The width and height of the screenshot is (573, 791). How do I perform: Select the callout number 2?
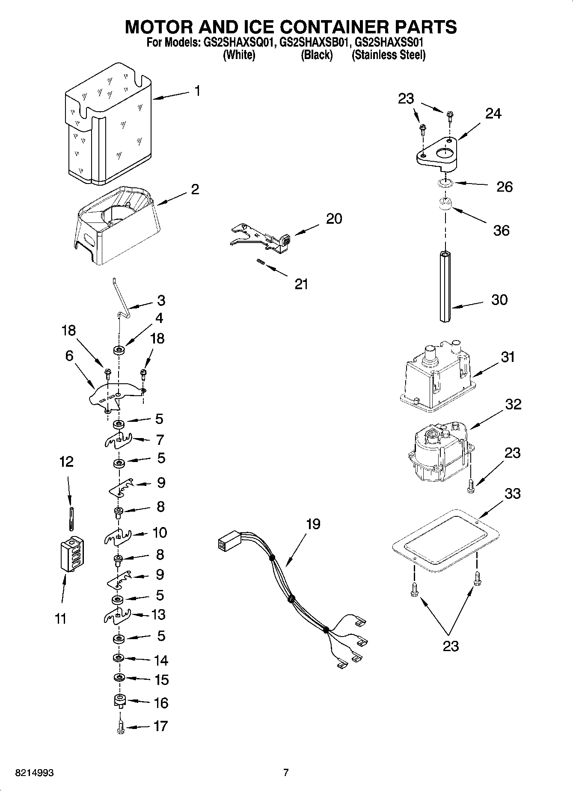[x=195, y=189]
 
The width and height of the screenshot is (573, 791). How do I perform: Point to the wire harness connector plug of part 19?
[x=227, y=545]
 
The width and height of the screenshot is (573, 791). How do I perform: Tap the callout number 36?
[x=501, y=231]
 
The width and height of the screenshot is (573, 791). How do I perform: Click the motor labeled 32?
[x=439, y=453]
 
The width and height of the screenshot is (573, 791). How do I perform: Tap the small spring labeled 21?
[x=260, y=262]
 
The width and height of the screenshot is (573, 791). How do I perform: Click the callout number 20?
[x=334, y=219]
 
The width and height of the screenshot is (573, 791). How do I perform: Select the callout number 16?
[x=160, y=702]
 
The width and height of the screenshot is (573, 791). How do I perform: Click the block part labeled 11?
[x=71, y=554]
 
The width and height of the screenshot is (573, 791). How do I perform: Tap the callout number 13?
[x=158, y=615]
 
